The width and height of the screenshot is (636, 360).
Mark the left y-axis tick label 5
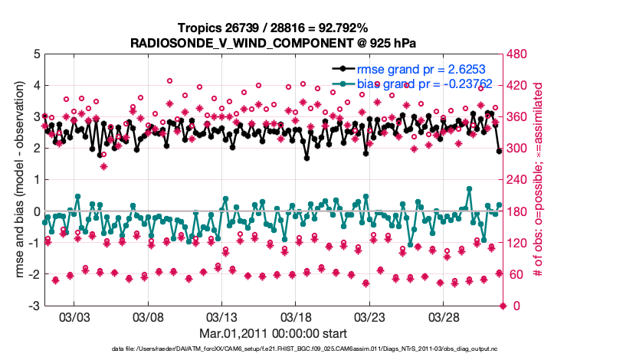[x=36, y=54]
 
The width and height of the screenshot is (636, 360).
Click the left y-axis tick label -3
[x=34, y=306]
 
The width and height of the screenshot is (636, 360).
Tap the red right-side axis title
[x=538, y=180]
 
